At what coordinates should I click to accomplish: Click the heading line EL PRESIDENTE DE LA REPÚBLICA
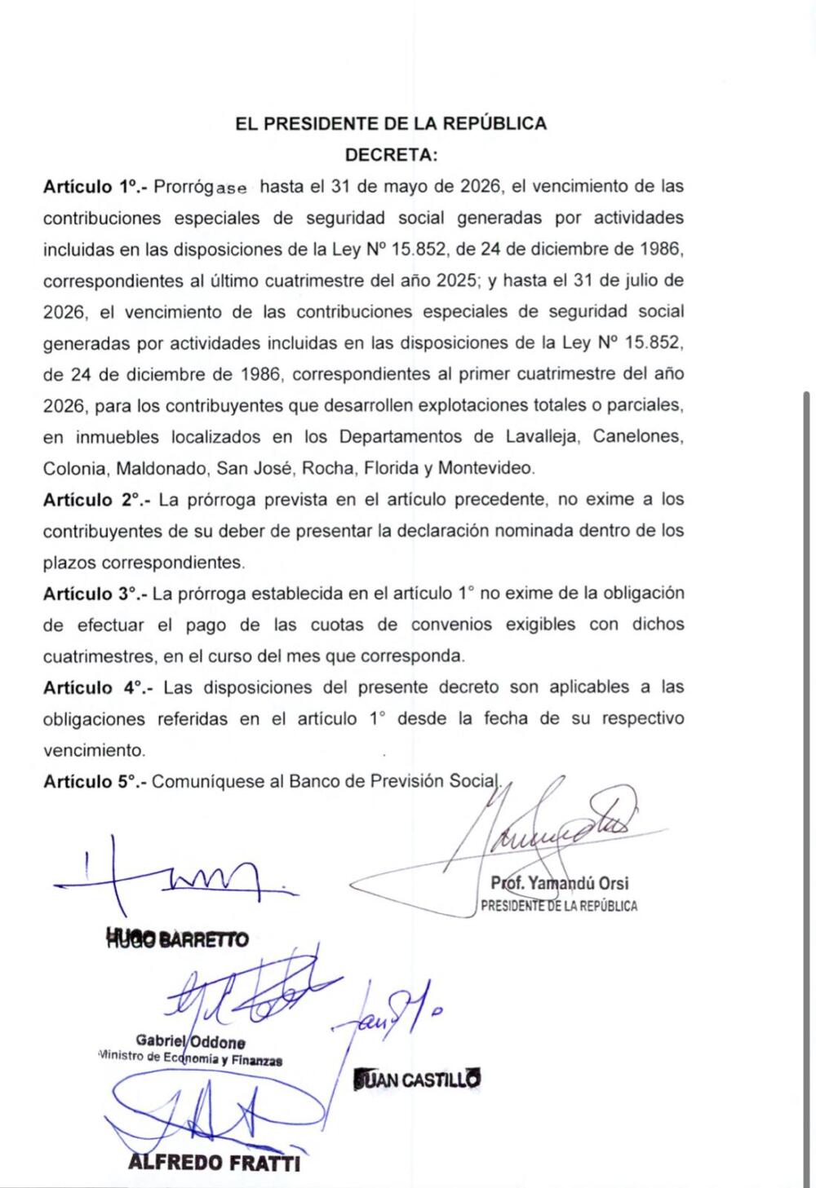point(391,124)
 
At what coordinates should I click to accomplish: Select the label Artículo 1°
point(95,187)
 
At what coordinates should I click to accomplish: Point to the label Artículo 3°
point(95,594)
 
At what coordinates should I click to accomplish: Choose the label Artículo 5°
point(95,782)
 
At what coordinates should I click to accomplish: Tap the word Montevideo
point(486,469)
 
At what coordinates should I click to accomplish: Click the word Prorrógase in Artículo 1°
point(200,187)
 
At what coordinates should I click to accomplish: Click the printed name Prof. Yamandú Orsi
point(560,883)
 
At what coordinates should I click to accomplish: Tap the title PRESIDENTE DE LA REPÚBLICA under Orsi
point(559,906)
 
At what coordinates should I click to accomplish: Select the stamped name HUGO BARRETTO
point(177,939)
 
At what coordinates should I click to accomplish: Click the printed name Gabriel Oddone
point(190,1042)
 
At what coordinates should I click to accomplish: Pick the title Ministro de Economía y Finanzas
point(190,1059)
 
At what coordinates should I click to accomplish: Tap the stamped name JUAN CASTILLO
point(417,1080)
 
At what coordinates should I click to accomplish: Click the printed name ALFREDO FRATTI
point(214,1163)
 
